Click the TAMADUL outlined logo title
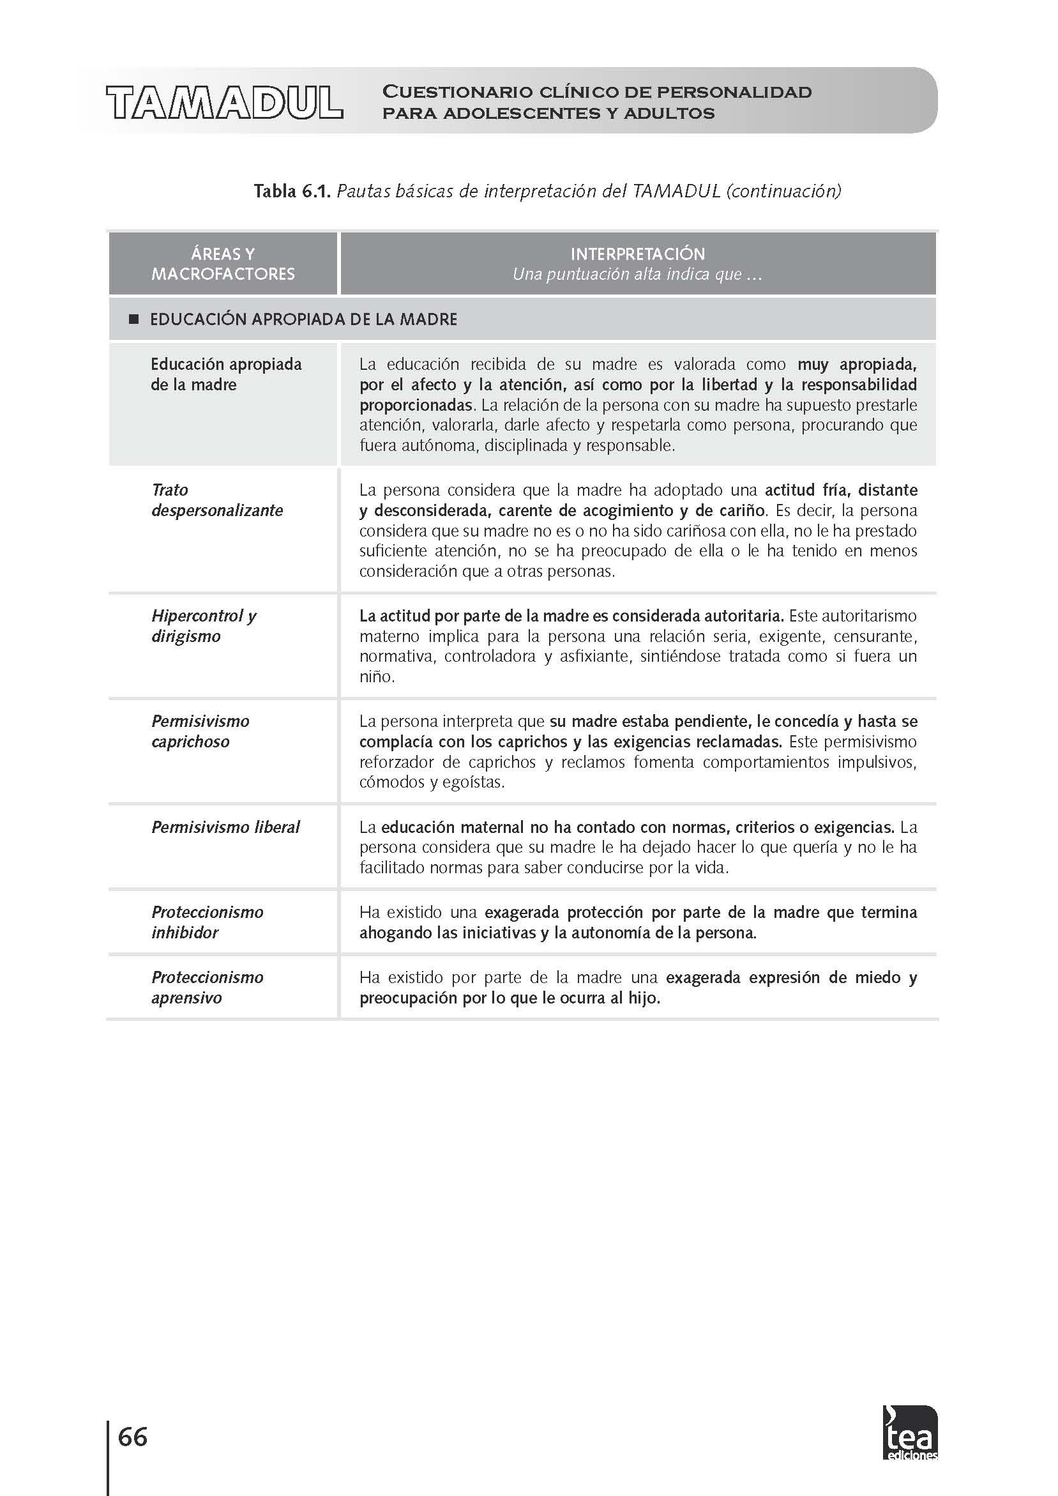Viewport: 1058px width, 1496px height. coord(225,102)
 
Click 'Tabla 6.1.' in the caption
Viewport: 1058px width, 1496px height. coord(292,191)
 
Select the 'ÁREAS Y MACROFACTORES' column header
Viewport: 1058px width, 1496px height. coord(223,264)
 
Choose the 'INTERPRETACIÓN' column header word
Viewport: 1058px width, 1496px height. coord(637,254)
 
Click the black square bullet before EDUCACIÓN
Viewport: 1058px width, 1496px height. coord(135,319)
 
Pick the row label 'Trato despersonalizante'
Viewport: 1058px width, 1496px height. coord(217,500)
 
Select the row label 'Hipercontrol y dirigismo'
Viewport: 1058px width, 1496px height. coord(204,625)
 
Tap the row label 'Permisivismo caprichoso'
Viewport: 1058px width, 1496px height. coord(200,731)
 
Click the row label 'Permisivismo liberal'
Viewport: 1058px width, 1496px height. coord(225,827)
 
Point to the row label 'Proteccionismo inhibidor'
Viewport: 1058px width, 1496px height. coord(207,922)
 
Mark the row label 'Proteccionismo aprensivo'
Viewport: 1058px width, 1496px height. coord(207,987)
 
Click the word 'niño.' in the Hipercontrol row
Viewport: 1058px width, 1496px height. coord(377,676)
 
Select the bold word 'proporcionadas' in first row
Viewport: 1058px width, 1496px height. coord(416,404)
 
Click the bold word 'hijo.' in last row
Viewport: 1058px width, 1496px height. coord(644,998)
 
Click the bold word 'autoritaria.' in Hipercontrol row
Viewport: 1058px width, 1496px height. coord(742,616)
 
